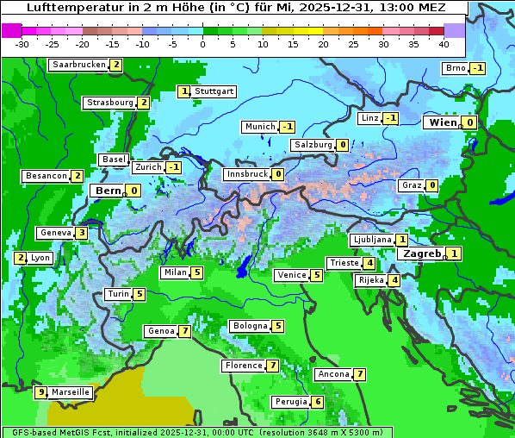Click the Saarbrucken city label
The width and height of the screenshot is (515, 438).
point(79,65)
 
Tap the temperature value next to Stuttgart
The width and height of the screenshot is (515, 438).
point(184,91)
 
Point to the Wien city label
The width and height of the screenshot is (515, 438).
point(443,122)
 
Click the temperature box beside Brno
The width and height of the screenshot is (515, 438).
point(478,68)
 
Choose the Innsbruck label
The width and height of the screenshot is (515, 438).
point(247,174)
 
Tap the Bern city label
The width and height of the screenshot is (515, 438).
point(109,191)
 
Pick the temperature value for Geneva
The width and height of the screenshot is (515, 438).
point(82,233)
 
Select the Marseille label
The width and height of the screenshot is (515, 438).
point(71,392)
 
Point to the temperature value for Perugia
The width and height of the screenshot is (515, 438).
point(318,402)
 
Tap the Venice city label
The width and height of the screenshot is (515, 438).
point(291,275)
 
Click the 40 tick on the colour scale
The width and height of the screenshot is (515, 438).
point(444,43)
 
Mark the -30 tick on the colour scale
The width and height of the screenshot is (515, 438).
point(22,43)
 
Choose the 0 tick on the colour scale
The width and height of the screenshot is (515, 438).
point(203,43)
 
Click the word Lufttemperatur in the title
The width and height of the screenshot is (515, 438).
point(69,7)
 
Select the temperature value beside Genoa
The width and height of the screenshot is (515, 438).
point(184,331)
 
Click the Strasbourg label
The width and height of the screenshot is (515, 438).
point(110,103)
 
